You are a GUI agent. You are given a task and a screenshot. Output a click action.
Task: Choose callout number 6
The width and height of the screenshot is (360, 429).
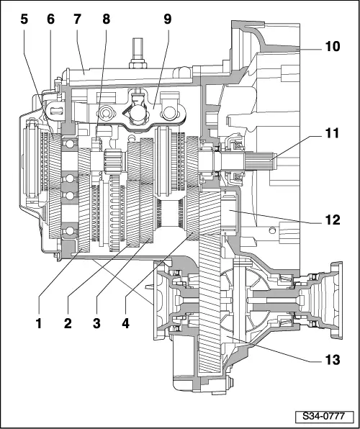50,20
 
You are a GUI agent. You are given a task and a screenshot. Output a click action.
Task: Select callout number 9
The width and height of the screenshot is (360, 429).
168,20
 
